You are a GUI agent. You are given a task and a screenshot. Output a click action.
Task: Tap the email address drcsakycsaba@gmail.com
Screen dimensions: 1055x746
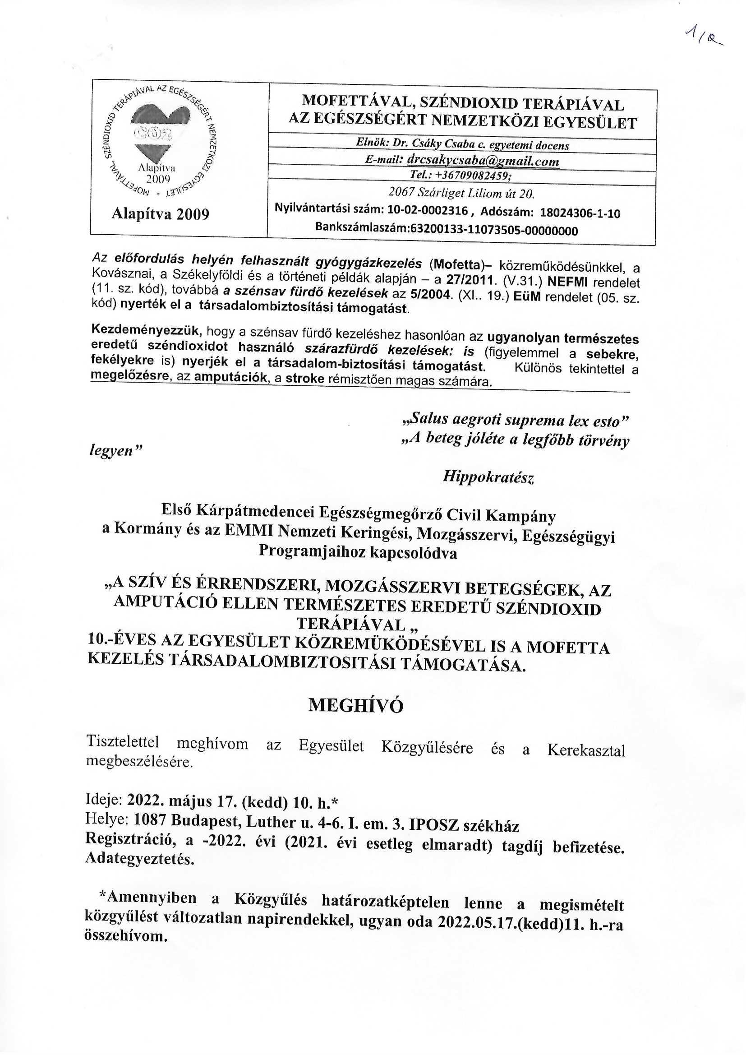coord(483,161)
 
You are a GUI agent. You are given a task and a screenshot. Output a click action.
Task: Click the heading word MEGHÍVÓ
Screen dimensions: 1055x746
coord(355,705)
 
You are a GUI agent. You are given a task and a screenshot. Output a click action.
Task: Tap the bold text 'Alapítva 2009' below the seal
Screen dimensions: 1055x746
coord(160,214)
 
